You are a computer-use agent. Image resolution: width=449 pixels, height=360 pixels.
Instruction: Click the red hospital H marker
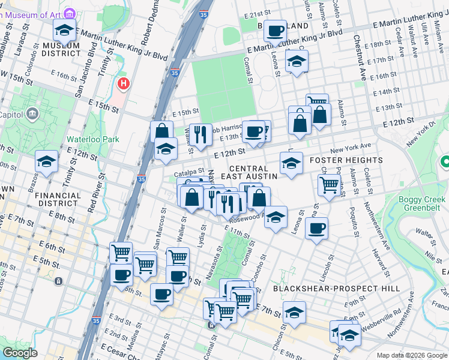click(x=124, y=83)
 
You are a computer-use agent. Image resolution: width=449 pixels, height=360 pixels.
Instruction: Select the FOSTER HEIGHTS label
click(x=346, y=160)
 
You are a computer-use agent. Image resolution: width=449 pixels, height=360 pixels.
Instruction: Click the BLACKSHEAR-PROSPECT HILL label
click(x=336, y=289)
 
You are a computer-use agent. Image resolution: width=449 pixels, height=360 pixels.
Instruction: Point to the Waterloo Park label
click(x=92, y=139)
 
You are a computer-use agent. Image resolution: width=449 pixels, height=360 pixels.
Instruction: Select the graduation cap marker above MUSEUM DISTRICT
click(x=65, y=30)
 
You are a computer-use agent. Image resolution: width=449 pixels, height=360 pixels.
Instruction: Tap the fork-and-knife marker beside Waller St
click(x=200, y=134)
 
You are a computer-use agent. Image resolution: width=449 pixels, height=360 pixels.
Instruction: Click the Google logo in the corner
click(x=20, y=353)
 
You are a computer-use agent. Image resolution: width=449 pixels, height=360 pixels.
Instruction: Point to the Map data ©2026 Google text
click(x=411, y=355)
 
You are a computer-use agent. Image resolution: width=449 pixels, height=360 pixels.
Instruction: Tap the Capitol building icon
click(x=32, y=113)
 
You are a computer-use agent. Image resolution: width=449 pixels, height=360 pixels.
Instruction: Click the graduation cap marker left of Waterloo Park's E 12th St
click(x=46, y=161)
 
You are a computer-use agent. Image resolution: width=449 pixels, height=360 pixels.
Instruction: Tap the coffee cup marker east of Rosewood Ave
click(x=316, y=227)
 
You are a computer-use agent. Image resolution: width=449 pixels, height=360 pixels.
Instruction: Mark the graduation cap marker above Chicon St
click(x=294, y=312)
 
